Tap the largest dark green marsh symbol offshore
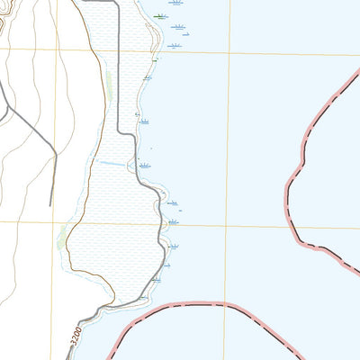pos(160,15)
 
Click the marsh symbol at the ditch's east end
pos(144,166)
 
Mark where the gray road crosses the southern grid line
pos(167,225)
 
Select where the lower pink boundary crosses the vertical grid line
pos(225,304)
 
